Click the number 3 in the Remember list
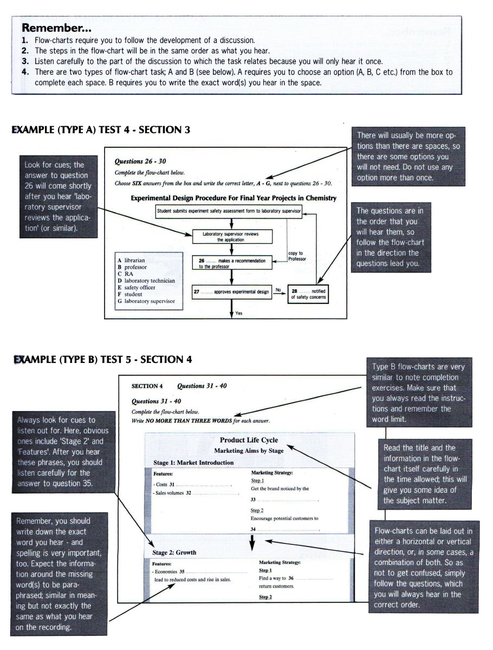coord(24,61)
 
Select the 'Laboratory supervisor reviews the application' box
coord(232,236)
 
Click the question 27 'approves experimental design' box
coord(232,291)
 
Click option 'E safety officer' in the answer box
coord(139,288)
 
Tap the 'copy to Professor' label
coord(297,256)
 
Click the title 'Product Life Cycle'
coord(249,440)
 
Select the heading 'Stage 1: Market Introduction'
coord(193,463)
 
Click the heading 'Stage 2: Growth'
coord(174,552)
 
